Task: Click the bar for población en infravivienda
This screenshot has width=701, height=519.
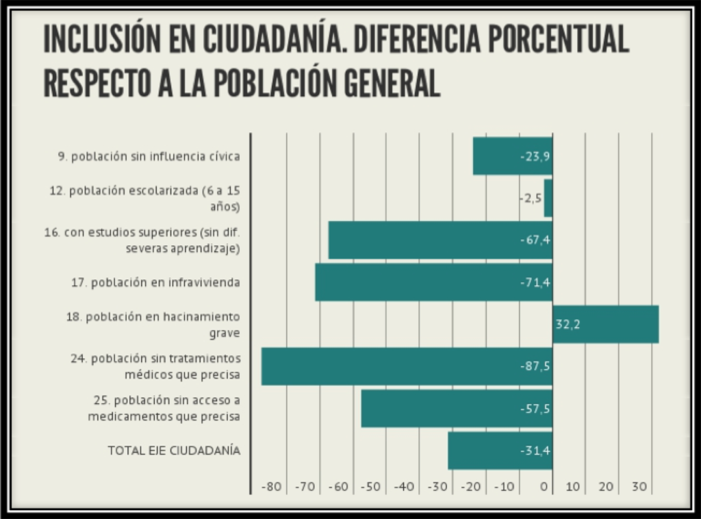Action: (433, 282)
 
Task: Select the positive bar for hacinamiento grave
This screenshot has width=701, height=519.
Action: (605, 324)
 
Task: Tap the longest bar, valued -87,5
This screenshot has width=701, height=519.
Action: (407, 366)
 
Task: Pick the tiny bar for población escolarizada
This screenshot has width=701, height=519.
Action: (548, 199)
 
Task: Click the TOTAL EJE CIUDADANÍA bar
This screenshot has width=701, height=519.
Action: (500, 451)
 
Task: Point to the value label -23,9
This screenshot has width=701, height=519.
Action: (535, 156)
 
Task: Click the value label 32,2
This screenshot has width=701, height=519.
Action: (568, 325)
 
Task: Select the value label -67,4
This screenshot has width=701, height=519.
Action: (535, 240)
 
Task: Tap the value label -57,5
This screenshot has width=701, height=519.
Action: (535, 409)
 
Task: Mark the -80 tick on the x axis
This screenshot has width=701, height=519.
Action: (272, 487)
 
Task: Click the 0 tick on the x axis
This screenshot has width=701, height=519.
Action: (545, 487)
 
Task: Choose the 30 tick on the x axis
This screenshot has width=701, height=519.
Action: (639, 487)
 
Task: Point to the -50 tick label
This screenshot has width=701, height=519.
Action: (372, 487)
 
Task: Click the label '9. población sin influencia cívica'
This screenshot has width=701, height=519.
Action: (149, 156)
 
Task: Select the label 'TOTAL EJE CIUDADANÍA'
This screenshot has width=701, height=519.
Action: (174, 451)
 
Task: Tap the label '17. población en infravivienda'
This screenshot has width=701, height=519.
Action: (155, 282)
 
